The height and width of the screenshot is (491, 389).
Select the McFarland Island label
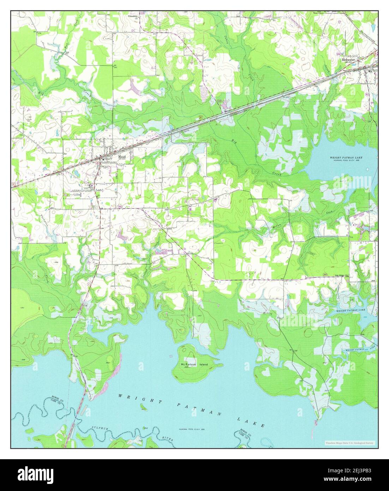[x=194, y=365]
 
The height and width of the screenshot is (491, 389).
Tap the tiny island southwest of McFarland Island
[x=143, y=409]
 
